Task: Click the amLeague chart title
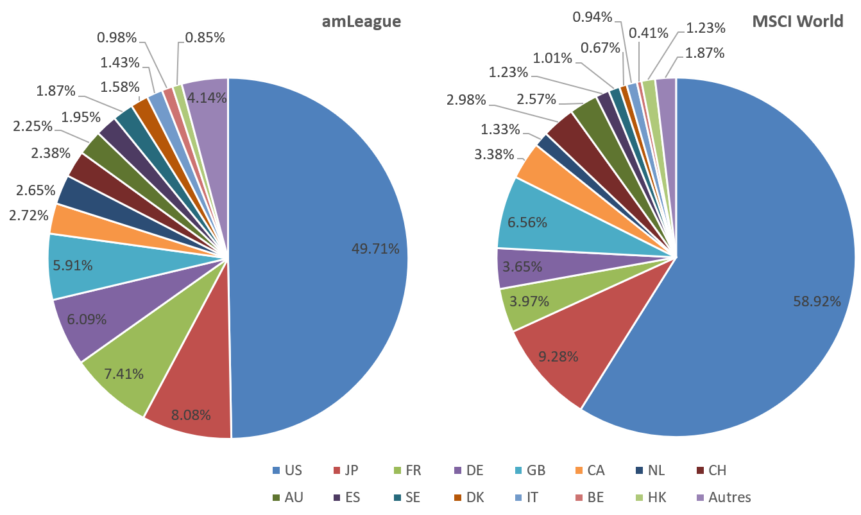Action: (x=361, y=22)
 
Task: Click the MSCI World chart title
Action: (x=797, y=22)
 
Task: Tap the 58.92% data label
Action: (x=817, y=301)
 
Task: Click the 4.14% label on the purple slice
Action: (x=205, y=98)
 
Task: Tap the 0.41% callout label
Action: (x=649, y=32)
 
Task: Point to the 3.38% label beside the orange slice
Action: (x=494, y=154)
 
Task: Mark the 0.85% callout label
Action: (x=205, y=38)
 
